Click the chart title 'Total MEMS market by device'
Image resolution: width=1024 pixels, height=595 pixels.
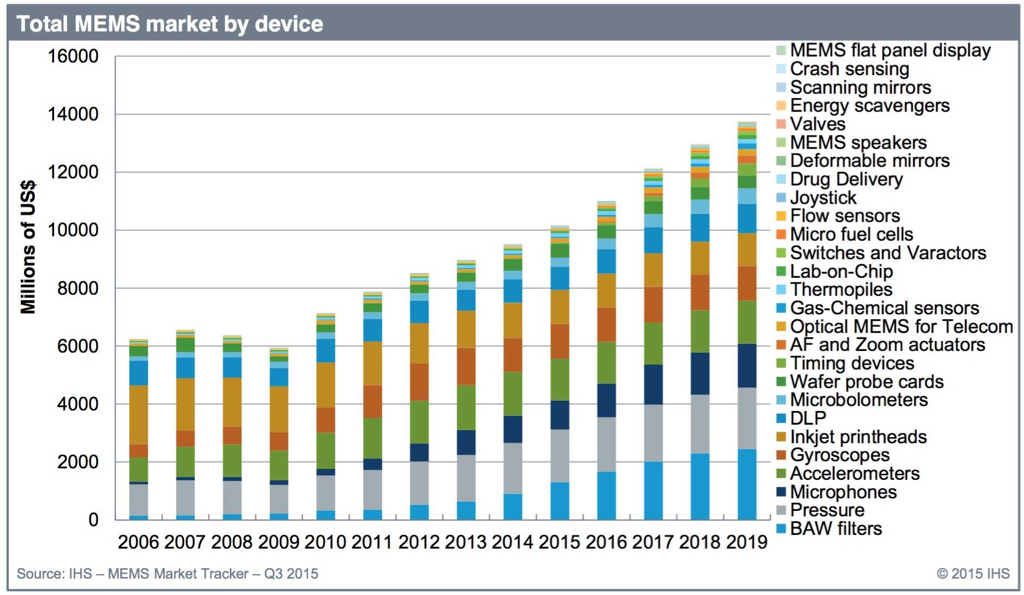pyautogui.click(x=170, y=24)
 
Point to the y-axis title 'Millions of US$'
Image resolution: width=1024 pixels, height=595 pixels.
pyautogui.click(x=28, y=247)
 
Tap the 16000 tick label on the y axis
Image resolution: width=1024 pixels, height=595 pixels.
pyautogui.click(x=73, y=56)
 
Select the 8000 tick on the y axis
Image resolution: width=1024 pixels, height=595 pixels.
pyautogui.click(x=78, y=288)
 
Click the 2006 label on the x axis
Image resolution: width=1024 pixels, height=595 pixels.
pyautogui.click(x=138, y=542)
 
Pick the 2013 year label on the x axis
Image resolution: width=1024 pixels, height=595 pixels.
pyautogui.click(x=466, y=542)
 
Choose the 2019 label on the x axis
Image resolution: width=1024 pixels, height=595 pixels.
pyautogui.click(x=747, y=542)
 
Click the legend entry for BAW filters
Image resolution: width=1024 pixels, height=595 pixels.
pyautogui.click(x=836, y=528)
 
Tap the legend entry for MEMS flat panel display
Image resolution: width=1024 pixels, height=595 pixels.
pyautogui.click(x=890, y=50)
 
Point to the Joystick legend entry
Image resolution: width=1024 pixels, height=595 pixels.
pyautogui.click(x=823, y=198)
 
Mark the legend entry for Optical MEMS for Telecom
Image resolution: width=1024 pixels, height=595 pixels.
pyautogui.click(x=901, y=326)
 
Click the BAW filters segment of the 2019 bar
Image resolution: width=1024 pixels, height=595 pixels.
pyautogui.click(x=747, y=484)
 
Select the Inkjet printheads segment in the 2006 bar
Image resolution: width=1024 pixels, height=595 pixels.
pyautogui.click(x=139, y=415)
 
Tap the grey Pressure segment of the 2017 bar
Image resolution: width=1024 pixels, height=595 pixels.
pyautogui.click(x=653, y=433)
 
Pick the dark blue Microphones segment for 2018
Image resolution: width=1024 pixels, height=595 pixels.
pyautogui.click(x=700, y=374)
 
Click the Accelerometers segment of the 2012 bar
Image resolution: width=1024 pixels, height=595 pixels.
pyautogui.click(x=419, y=422)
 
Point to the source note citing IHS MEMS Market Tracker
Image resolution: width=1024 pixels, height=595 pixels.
pyautogui.click(x=167, y=574)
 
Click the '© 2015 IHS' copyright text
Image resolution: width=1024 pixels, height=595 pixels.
pyautogui.click(x=973, y=574)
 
